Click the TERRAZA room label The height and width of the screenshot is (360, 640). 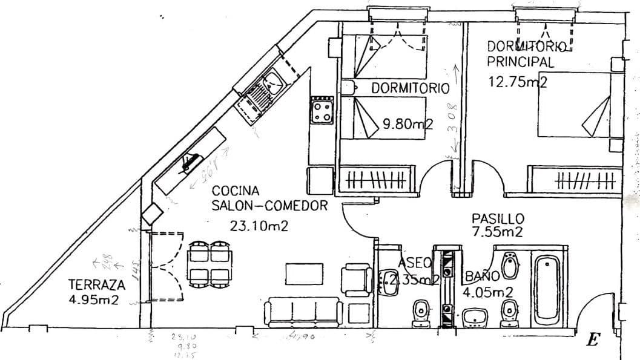coord(97,284)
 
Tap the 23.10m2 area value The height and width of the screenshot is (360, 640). coord(259,226)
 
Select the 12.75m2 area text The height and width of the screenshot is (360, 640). coord(518,82)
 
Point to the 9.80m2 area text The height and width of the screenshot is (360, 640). coord(409,125)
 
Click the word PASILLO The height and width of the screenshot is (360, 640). coord(498,218)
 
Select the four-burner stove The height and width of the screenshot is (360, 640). coord(322,111)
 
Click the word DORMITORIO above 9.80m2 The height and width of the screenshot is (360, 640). coord(411,88)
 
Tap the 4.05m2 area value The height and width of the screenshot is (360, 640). coord(488,293)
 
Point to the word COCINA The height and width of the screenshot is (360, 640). coord(236,192)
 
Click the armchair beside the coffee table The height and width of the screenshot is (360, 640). coord(355,280)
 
